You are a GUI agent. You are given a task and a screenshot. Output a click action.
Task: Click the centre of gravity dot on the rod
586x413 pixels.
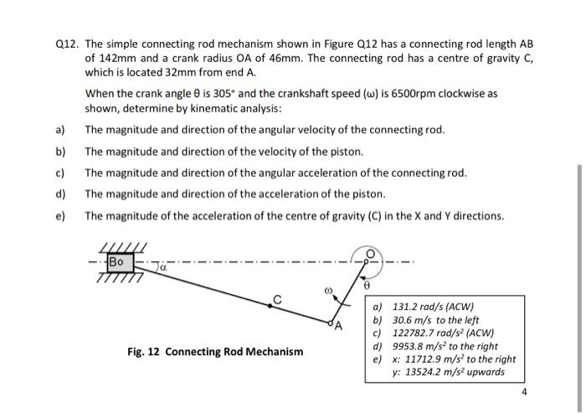(x=270, y=307)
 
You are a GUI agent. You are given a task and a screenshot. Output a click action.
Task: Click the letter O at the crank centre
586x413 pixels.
(x=368, y=256)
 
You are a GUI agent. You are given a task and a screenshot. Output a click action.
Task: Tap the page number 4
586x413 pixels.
(x=524, y=392)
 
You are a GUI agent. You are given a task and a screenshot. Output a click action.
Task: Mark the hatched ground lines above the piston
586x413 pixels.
(x=123, y=246)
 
